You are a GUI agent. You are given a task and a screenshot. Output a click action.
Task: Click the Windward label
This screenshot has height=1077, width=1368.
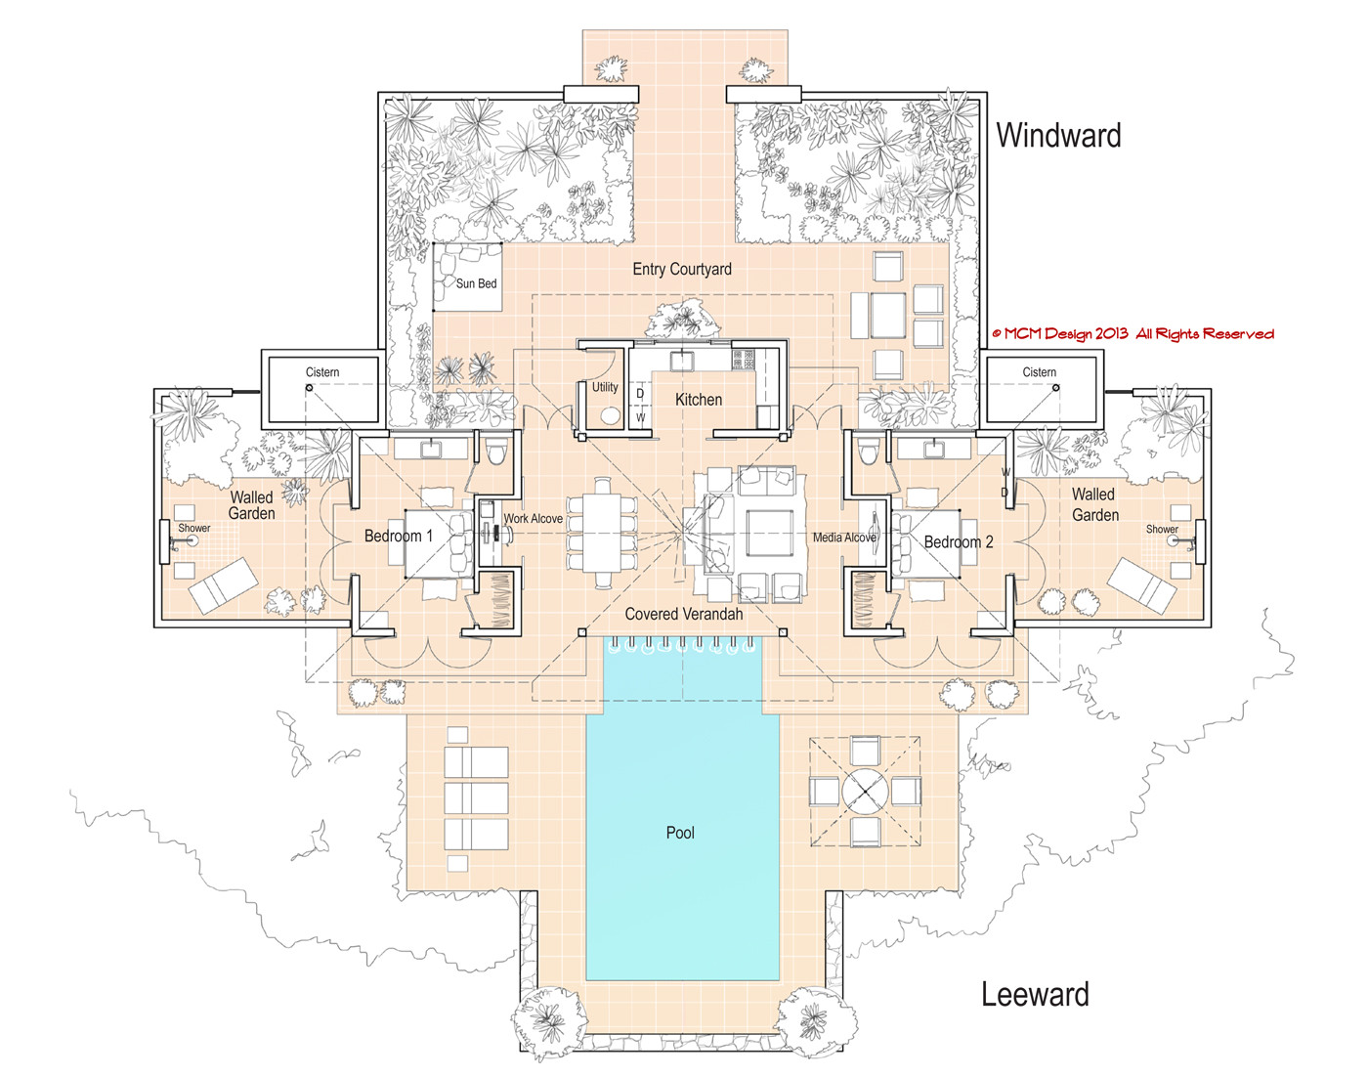(x=1058, y=135)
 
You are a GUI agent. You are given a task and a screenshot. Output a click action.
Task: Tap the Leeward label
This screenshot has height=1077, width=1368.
(x=1035, y=994)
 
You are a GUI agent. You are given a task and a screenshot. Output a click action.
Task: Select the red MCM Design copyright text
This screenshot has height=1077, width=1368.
(x=1133, y=334)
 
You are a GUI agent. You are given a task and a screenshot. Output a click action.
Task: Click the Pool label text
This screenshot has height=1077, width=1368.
(x=680, y=833)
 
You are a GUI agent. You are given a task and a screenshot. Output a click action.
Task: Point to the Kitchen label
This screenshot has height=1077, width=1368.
(x=699, y=400)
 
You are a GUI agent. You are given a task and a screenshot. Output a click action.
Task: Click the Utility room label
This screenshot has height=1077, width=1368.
(x=605, y=387)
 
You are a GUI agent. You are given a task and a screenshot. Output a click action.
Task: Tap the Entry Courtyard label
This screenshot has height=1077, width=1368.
(x=681, y=269)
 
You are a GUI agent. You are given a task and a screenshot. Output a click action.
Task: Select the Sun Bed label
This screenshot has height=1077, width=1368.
(x=476, y=283)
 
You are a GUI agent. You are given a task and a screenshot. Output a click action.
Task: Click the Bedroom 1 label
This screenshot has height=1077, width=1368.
(x=398, y=536)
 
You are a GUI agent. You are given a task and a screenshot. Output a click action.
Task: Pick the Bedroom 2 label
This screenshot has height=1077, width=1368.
(x=959, y=541)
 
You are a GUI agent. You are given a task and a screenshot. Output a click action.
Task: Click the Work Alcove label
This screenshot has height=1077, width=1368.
(x=533, y=519)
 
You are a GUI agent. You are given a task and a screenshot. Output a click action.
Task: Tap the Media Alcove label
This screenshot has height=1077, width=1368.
(x=844, y=538)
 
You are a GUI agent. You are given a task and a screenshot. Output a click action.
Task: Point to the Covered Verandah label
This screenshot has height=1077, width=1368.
(x=683, y=614)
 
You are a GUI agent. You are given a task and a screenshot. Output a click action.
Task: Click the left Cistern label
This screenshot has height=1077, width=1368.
(x=322, y=372)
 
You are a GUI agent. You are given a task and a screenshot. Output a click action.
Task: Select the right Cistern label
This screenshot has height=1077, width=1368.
(x=1039, y=372)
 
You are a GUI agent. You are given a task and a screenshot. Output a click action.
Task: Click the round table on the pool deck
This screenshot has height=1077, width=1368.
(x=864, y=790)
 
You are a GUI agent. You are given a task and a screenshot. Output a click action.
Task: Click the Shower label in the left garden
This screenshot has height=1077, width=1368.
(x=193, y=528)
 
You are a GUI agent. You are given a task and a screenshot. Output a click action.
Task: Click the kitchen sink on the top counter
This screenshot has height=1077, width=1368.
(x=681, y=361)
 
